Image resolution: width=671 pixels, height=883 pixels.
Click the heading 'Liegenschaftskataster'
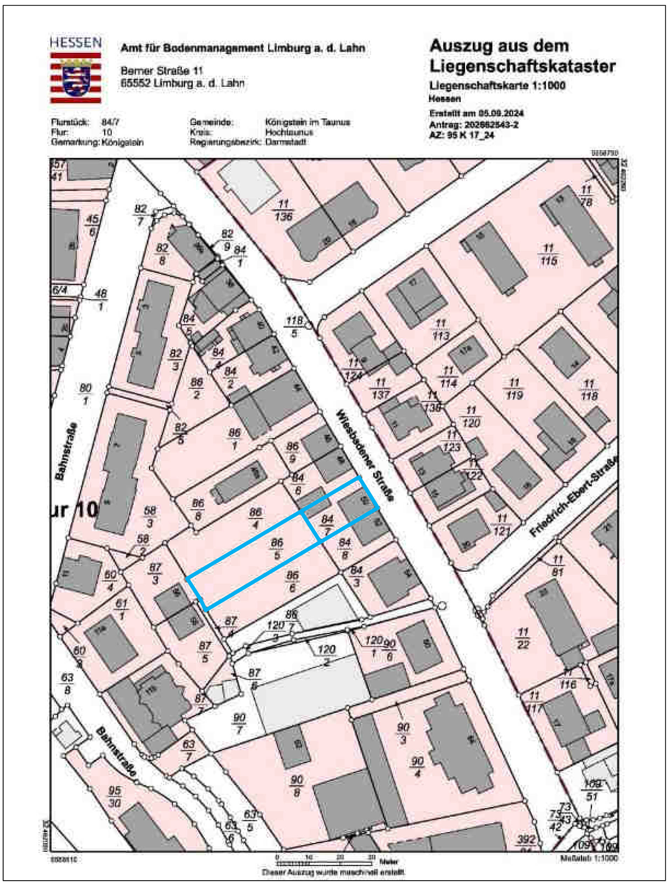point(522,66)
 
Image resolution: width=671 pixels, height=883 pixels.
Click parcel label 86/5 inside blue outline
point(277,549)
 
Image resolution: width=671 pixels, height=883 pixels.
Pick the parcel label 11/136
point(283,211)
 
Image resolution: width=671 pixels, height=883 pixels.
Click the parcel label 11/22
point(523,638)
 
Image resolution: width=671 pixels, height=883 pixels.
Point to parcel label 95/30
point(115,797)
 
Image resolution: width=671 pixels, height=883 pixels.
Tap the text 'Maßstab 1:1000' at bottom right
point(589,858)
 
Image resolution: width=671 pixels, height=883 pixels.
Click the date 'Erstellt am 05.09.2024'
point(476,113)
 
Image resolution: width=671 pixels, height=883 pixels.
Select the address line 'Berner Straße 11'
point(162,71)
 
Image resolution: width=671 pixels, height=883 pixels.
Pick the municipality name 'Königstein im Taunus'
point(307,122)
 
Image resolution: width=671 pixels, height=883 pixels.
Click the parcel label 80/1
point(85,394)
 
